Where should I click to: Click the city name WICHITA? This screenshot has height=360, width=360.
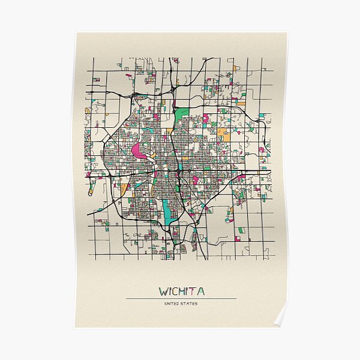tap(181, 292)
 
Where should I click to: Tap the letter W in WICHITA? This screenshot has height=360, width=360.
tap(163, 292)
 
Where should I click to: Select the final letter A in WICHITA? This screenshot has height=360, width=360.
tap(200, 292)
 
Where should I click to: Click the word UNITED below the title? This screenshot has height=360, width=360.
tap(172, 304)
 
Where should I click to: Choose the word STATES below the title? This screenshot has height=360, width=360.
tap(190, 304)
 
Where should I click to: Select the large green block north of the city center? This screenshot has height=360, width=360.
tap(182, 114)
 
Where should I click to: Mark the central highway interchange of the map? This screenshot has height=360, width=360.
tap(179, 172)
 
